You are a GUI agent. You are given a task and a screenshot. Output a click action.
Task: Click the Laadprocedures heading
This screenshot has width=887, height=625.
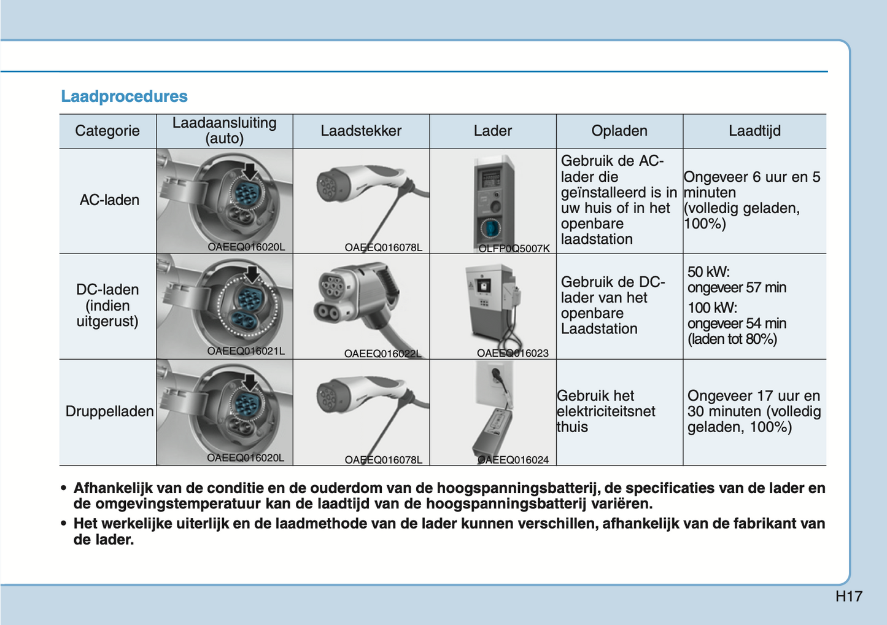[124, 96]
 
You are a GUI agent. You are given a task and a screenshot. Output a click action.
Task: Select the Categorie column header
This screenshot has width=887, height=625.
[107, 131]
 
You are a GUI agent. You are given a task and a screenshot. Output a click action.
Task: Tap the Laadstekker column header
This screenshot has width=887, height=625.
[361, 131]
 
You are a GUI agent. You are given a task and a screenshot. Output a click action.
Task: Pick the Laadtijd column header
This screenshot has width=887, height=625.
[754, 131]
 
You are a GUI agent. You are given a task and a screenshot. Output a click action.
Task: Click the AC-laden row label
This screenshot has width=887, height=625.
[109, 200]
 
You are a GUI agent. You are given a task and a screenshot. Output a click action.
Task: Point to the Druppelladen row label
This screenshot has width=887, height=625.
[109, 411]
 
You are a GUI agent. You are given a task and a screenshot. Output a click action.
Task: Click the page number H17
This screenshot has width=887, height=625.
[848, 596]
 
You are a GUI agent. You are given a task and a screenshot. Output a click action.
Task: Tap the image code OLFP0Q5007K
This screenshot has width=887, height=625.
[514, 249]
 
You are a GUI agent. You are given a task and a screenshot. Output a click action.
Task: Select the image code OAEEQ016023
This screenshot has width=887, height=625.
[513, 353]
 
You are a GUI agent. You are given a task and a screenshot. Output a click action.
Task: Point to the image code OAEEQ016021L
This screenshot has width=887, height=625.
[246, 351]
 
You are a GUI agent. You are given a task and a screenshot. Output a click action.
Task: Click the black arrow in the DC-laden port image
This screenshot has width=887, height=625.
[252, 275]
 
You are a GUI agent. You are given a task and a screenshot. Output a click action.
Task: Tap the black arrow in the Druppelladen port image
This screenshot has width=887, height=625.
[250, 382]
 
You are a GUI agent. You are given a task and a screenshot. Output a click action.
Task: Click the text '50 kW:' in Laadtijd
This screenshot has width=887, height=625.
[708, 272]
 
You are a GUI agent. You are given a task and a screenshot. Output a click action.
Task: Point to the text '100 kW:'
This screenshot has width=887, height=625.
[712, 308]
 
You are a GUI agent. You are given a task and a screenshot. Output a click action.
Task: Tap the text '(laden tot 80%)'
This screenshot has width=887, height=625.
[732, 339]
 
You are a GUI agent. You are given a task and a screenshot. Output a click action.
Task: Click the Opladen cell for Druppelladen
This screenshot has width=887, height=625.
[606, 411]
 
